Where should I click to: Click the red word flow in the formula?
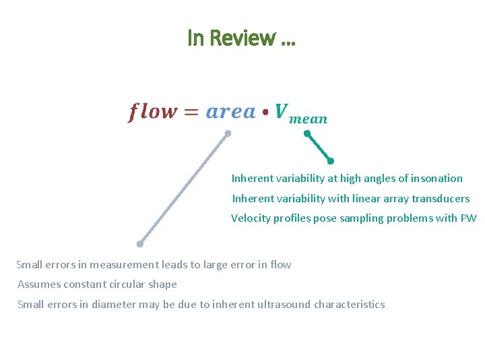pos(153,112)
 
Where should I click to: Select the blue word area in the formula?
pos(230,112)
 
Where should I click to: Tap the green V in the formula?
pos(282,111)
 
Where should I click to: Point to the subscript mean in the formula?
pos(309,119)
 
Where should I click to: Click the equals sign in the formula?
pos(192,113)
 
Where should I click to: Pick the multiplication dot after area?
pos(266,113)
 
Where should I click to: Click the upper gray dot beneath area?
pos(228,133)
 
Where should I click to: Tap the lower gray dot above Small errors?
pos(139,243)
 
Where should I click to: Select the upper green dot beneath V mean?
pos(306,133)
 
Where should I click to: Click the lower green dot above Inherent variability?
pos(330,160)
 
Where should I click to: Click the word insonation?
pos(438,179)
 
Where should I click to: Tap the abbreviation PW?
pos(468,218)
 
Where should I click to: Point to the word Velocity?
pos(251,218)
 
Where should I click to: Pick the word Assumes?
pos(37,284)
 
